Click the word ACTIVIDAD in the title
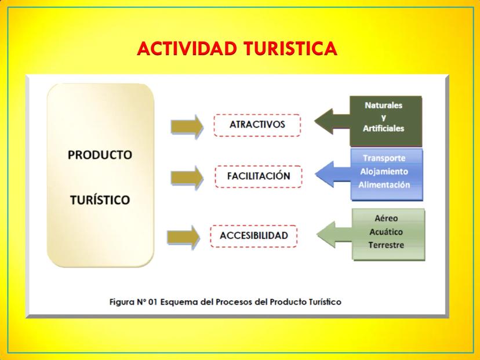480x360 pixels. [x=187, y=48]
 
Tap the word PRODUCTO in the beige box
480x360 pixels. [x=100, y=155]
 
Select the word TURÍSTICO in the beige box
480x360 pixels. [x=100, y=199]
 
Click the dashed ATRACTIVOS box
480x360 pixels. [x=257, y=125]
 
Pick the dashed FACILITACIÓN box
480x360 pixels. [x=259, y=176]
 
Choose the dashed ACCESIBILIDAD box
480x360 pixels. [x=254, y=236]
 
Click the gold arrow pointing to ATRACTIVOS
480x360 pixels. [x=187, y=126]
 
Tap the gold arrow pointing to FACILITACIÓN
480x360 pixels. [x=187, y=177]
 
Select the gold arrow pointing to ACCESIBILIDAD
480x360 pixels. [x=183, y=237]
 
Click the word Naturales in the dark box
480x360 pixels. [x=383, y=106]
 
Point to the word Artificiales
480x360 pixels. [x=383, y=128]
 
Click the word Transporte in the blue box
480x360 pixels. [x=384, y=158]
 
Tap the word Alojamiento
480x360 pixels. [x=384, y=172]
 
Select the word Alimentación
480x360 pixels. [x=384, y=184]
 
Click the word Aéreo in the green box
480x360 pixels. [x=386, y=219]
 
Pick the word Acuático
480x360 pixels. [x=386, y=232]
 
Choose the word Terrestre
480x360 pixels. [x=386, y=245]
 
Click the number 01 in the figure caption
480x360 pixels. [x=152, y=302]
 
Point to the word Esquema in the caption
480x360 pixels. [x=179, y=302]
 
